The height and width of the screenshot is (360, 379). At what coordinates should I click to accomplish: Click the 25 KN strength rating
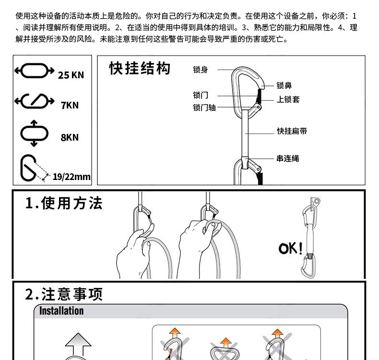click(x=71, y=75)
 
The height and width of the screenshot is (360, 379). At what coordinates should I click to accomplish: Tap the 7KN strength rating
click(x=70, y=106)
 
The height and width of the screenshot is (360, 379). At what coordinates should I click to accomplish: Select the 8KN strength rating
click(x=70, y=138)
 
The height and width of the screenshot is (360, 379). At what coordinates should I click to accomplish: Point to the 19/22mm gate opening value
click(x=71, y=177)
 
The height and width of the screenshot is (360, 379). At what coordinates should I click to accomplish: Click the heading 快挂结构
click(x=140, y=69)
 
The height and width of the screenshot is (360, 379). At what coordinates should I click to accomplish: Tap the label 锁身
click(x=201, y=70)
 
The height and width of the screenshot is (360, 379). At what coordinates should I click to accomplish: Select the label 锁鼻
click(x=284, y=86)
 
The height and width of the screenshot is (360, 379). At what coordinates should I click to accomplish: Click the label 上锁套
click(x=288, y=99)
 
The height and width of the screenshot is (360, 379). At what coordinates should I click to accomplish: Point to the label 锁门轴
click(x=204, y=108)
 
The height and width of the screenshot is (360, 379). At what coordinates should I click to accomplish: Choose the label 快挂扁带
click(x=292, y=131)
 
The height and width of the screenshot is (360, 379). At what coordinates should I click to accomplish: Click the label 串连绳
click(x=288, y=158)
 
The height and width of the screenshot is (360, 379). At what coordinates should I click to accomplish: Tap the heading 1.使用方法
click(x=64, y=204)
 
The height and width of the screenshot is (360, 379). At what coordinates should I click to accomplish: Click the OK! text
click(x=291, y=249)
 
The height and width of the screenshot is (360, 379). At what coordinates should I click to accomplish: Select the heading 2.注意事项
click(x=64, y=294)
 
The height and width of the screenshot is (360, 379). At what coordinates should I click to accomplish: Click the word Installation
click(x=61, y=311)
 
